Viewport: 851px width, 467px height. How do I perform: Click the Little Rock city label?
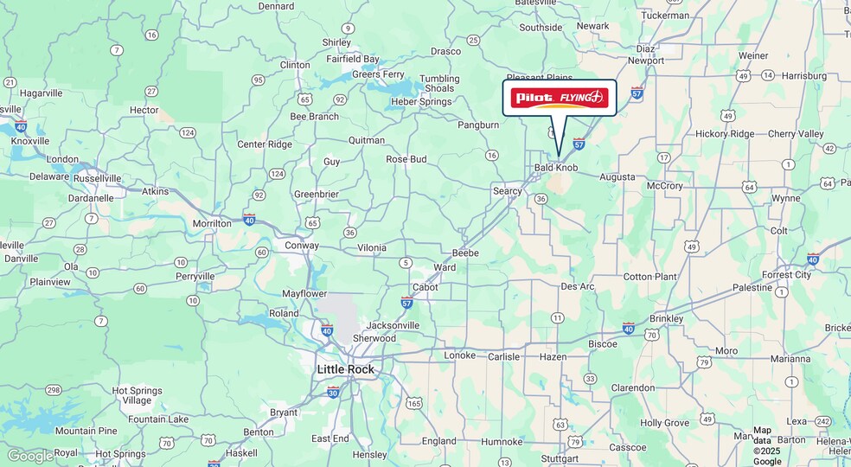346,369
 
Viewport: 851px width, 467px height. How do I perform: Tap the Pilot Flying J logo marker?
560,99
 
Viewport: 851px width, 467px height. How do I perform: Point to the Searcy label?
508,191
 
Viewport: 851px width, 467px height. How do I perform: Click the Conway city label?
302,245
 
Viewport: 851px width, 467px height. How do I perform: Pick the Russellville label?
98,178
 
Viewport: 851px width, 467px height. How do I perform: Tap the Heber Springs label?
423,101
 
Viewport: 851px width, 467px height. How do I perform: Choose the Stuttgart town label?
559,459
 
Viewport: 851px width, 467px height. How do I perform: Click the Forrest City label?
786,275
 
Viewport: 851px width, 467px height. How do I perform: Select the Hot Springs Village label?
137,395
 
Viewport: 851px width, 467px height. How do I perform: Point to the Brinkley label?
666,318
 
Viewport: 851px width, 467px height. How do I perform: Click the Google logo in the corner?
29,456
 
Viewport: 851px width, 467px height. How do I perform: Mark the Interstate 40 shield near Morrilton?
249,219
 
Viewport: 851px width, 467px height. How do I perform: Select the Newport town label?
646,61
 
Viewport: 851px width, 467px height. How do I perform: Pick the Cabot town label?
425,287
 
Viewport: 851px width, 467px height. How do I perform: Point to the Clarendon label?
633,388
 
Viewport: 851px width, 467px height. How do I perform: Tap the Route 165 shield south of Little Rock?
413,403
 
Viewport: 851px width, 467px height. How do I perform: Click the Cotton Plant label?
650,277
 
